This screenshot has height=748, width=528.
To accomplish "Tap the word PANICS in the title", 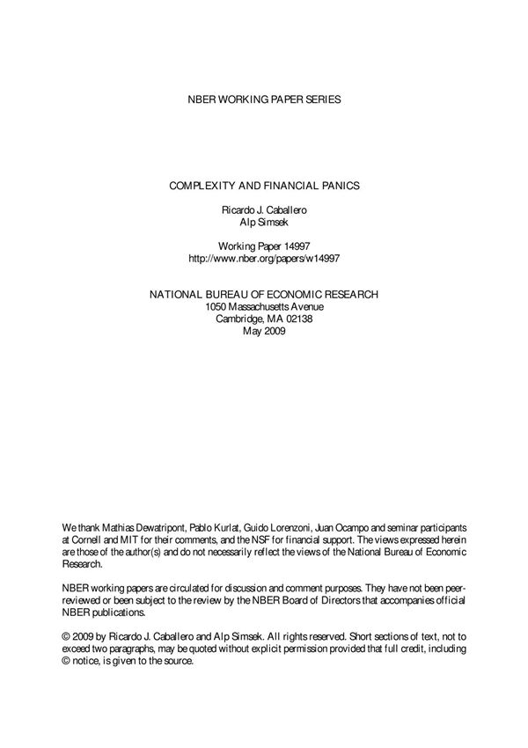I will point(334,187).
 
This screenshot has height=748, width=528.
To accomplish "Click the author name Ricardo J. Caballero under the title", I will point(264,212).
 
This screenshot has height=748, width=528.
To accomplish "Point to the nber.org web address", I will point(264,260).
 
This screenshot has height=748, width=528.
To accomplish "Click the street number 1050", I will point(217,306).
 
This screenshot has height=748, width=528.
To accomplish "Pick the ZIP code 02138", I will point(298,319).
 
